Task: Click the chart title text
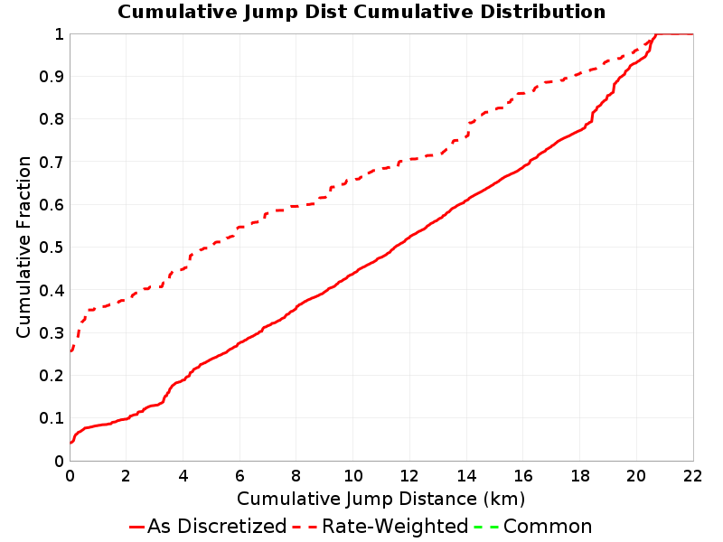[x=361, y=12]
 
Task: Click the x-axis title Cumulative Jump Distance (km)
[x=380, y=500]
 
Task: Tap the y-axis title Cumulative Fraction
[x=23, y=247]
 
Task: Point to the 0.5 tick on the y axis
[x=52, y=248]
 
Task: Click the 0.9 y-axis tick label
[x=52, y=77]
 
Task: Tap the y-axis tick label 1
[x=59, y=34]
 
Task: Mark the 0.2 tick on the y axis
[x=52, y=376]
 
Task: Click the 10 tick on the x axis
[x=353, y=476]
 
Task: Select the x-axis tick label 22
[x=693, y=476]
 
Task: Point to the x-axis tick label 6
[x=239, y=476]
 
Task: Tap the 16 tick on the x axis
[x=523, y=476]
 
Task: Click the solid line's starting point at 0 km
[x=70, y=443]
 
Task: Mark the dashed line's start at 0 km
[x=70, y=351]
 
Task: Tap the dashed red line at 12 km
[x=410, y=160]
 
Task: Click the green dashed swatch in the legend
[x=486, y=527]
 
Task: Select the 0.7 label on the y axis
[x=52, y=162]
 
